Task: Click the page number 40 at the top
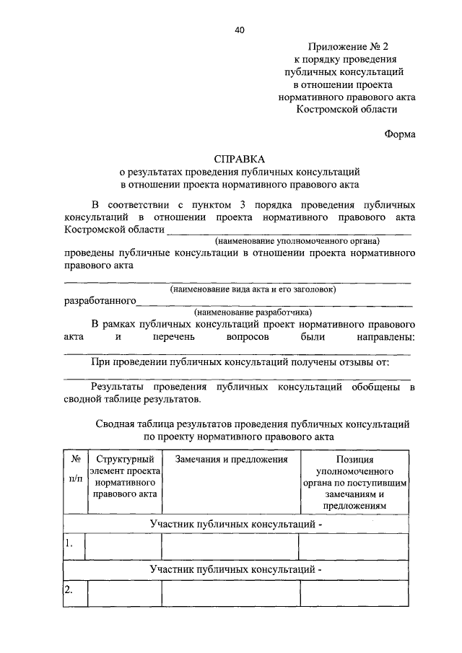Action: click(240, 30)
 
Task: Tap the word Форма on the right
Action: click(399, 133)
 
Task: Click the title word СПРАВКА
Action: click(240, 159)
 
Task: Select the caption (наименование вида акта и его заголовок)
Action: click(253, 289)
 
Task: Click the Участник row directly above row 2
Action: click(235, 569)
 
